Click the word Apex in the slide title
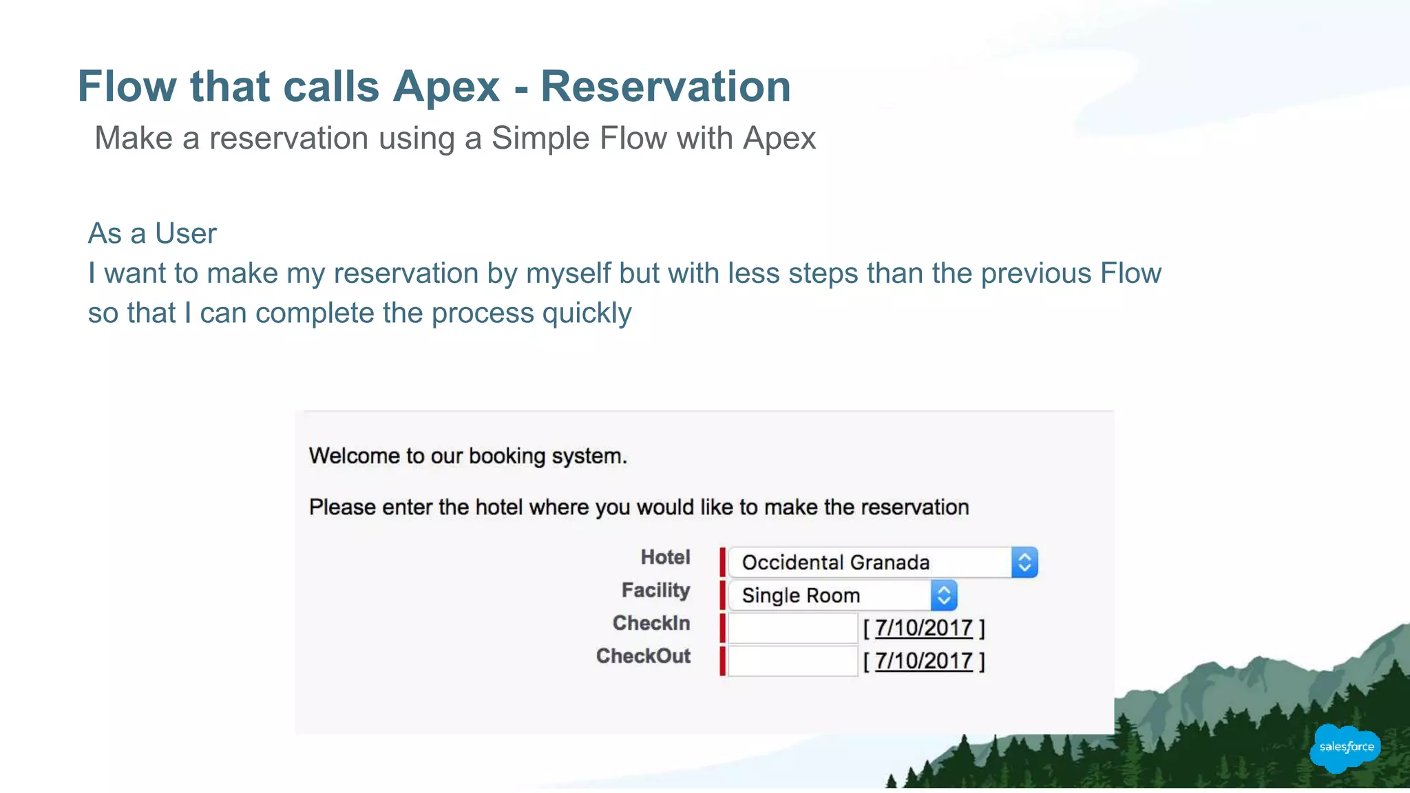point(446,87)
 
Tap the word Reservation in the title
point(665,87)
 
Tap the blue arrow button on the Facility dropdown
point(944,595)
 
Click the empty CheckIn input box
point(792,628)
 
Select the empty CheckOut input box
point(792,661)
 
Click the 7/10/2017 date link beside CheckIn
point(923,628)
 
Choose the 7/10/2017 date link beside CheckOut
point(923,661)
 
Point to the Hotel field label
point(665,557)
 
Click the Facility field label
point(655,590)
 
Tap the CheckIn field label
point(651,623)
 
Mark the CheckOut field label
point(643,656)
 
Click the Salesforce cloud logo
point(1346,747)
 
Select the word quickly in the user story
point(587,313)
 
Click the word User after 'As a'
point(185,233)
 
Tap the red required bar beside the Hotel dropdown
point(722,562)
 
